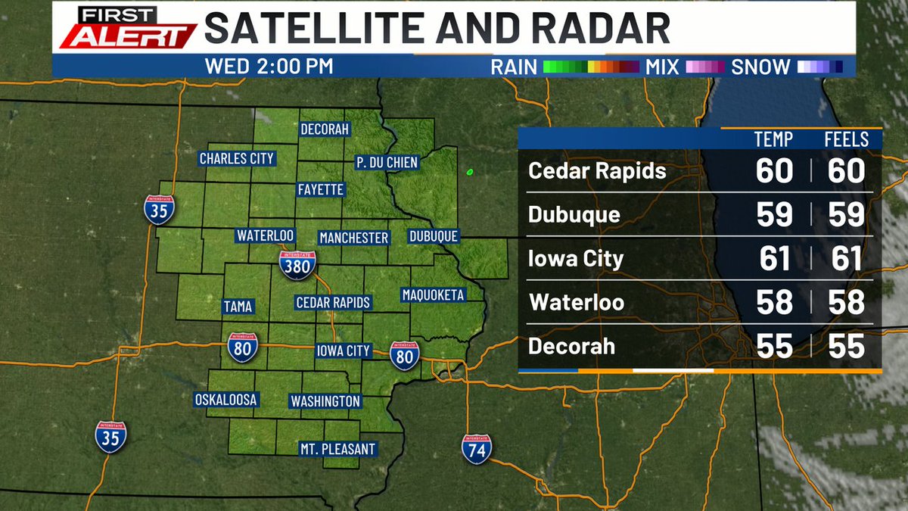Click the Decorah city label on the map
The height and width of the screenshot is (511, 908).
pyautogui.click(x=325, y=129)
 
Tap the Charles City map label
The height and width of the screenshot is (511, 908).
pyautogui.click(x=236, y=158)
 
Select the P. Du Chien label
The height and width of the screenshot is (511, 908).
pyautogui.click(x=387, y=162)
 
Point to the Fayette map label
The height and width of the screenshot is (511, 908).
pyautogui.click(x=320, y=189)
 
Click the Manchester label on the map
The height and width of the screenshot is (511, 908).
pyautogui.click(x=353, y=238)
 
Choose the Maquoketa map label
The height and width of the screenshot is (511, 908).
pyautogui.click(x=433, y=294)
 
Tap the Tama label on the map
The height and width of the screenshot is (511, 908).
pyautogui.click(x=238, y=307)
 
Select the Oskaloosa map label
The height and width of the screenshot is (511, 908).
pyautogui.click(x=226, y=399)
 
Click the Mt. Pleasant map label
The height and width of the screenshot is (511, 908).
pyautogui.click(x=337, y=449)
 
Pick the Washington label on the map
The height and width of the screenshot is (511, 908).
pyautogui.click(x=325, y=400)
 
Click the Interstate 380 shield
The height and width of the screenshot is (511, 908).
pyautogui.click(x=297, y=264)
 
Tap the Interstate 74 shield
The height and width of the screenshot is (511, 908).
pyautogui.click(x=477, y=449)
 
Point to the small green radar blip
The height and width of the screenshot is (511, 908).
pyautogui.click(x=470, y=172)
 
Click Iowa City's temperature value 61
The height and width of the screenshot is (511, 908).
pyautogui.click(x=775, y=258)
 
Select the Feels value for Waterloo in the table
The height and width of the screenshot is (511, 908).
pyautogui.click(x=846, y=302)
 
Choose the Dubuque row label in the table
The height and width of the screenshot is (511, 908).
pyautogui.click(x=574, y=215)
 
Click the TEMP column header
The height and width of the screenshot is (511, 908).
pyautogui.click(x=773, y=139)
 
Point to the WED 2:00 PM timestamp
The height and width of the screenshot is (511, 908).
pyautogui.click(x=269, y=66)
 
